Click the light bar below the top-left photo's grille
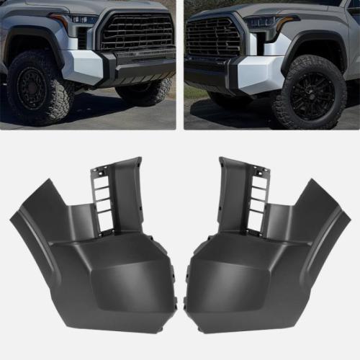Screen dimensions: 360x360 coord(137,56)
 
